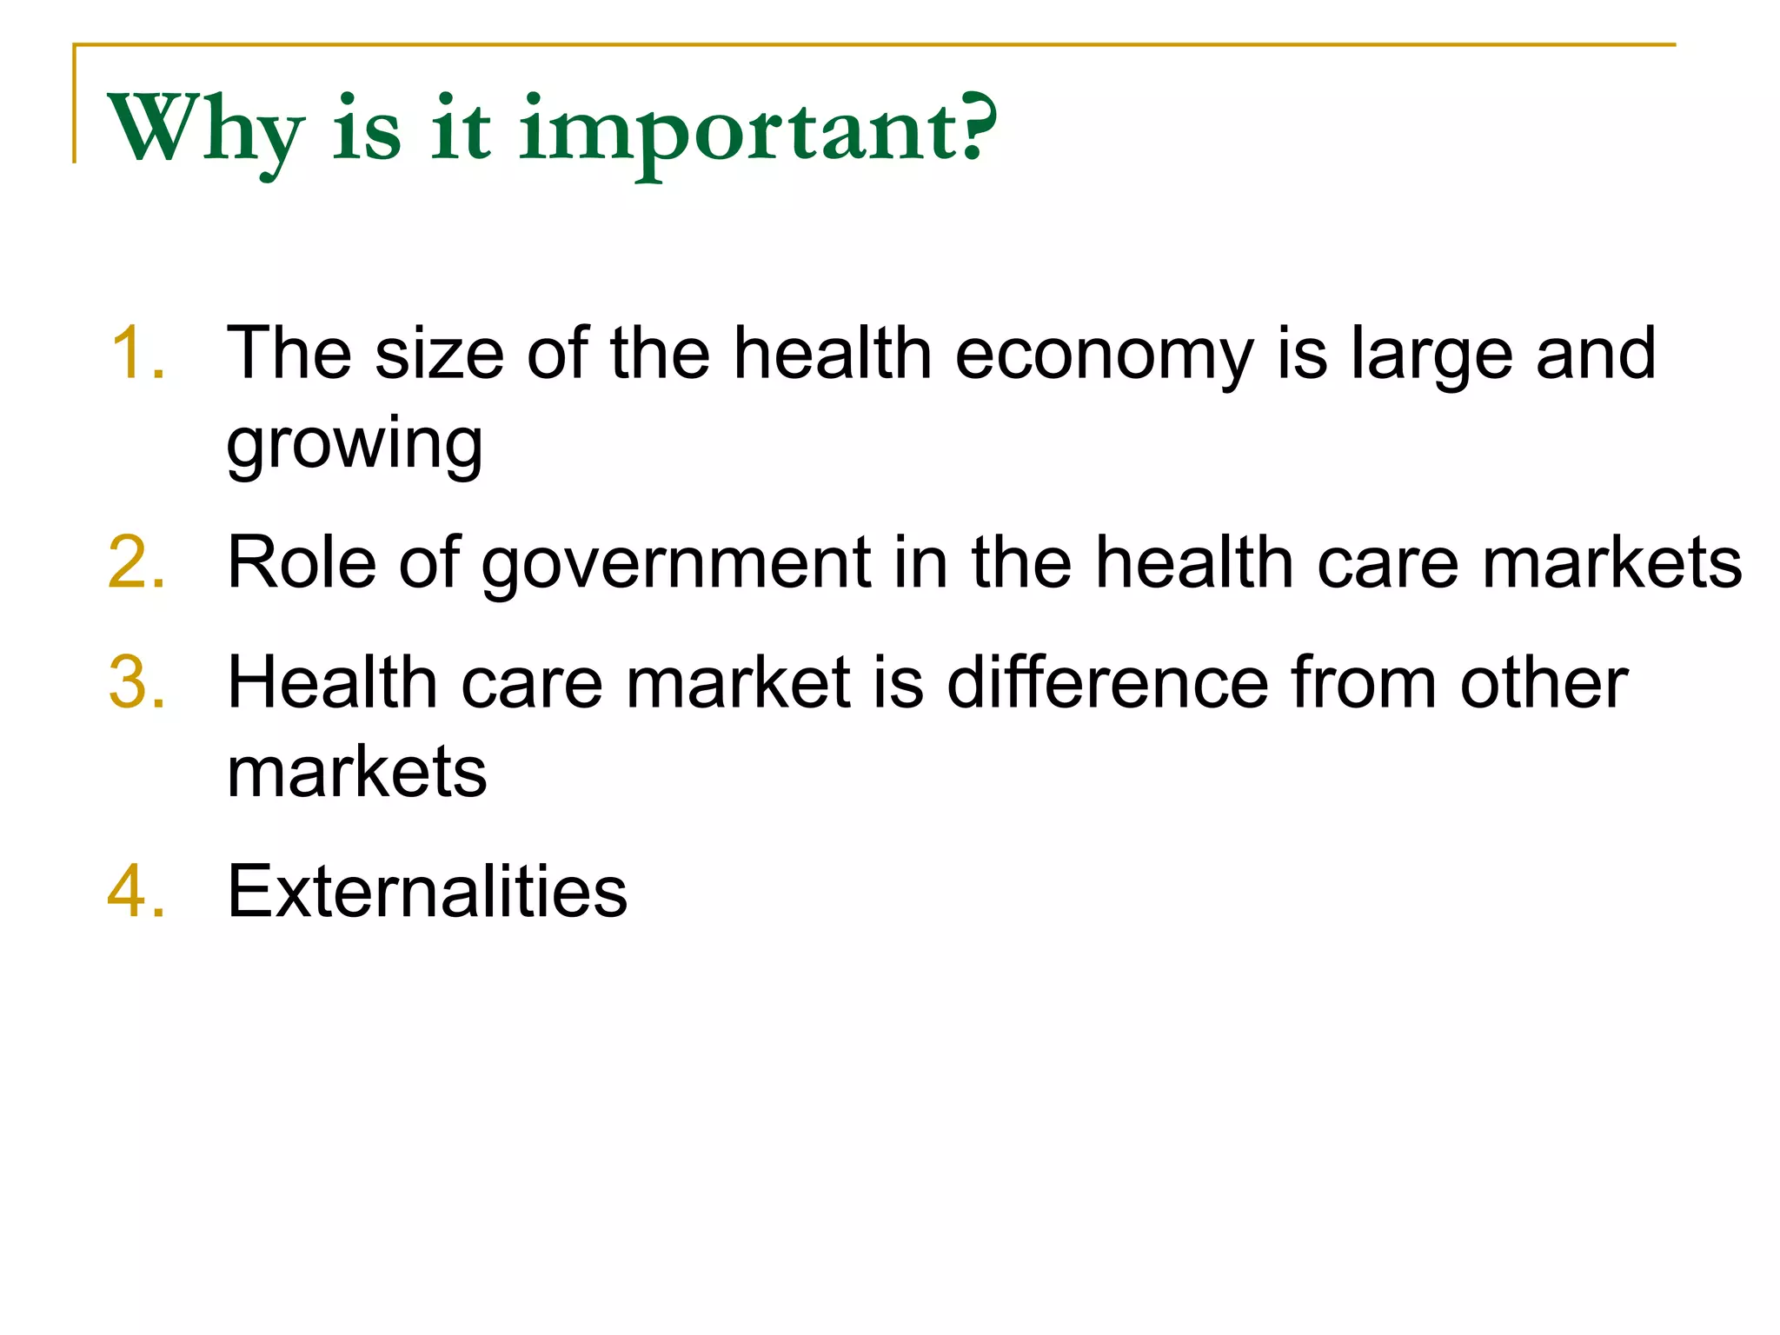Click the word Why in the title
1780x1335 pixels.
tap(205, 130)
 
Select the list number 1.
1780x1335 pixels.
tap(137, 353)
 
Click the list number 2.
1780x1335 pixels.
tap(137, 563)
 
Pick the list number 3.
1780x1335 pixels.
tap(137, 683)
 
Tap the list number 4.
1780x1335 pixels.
tap(137, 892)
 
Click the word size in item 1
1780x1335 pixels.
tap(439, 353)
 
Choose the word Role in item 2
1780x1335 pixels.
tap(302, 563)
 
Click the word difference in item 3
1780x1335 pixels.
tap(1107, 683)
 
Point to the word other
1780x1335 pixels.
tap(1544, 683)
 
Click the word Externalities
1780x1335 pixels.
tap(427, 892)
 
